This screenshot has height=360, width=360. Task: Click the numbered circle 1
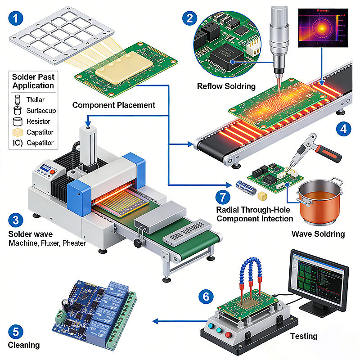[17, 19]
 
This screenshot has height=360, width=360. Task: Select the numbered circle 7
[222, 197]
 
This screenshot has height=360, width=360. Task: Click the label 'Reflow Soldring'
[226, 86]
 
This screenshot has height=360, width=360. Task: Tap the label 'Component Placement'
[114, 105]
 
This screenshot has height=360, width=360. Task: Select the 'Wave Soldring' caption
[318, 234]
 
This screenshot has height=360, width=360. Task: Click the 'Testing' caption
[304, 336]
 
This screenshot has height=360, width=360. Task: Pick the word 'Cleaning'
[24, 345]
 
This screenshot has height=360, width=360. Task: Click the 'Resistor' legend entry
[38, 121]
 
